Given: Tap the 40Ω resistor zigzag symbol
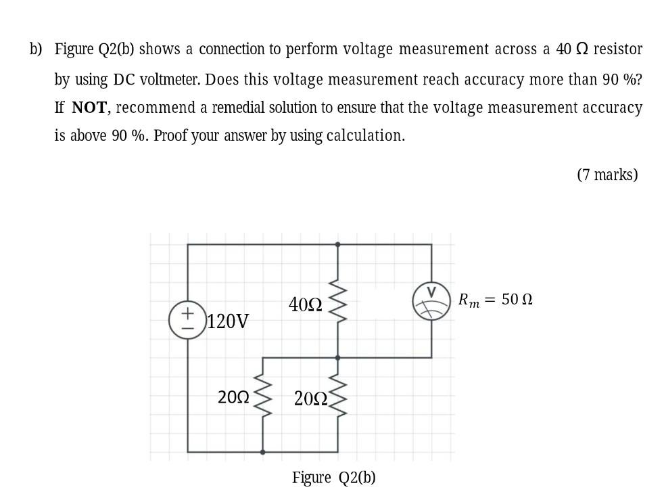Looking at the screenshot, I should click(337, 300).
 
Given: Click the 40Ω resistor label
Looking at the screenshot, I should click(305, 305).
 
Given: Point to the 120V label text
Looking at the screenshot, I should click(228, 321).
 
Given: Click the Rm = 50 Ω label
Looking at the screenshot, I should click(495, 299).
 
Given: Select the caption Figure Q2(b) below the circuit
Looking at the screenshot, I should click(333, 478).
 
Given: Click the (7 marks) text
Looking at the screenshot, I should click(607, 175).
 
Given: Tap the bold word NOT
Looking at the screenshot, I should click(89, 108).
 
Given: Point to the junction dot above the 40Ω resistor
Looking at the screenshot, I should click(337, 244).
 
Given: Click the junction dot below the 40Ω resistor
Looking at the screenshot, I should click(337, 357).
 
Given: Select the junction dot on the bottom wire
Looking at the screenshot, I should click(262, 451).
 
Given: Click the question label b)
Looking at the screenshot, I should click(36, 49).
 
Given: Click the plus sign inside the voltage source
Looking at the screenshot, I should click(187, 314).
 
